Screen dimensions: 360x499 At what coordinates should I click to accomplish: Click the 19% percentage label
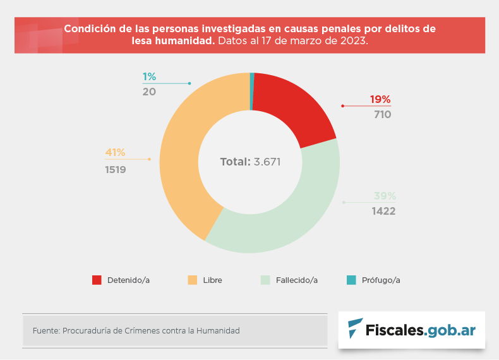pyautogui.click(x=380, y=99)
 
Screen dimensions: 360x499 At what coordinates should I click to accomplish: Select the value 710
pyautogui.click(x=382, y=114)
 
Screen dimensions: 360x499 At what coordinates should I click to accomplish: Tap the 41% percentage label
pyautogui.click(x=115, y=152)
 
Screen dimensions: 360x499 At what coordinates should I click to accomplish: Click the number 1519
pyautogui.click(x=116, y=169)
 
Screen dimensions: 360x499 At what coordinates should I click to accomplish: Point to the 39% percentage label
pyautogui.click(x=384, y=196)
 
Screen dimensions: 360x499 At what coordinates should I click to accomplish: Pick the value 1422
pyautogui.click(x=383, y=211)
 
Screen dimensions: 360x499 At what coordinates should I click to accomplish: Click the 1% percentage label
pyautogui.click(x=149, y=76)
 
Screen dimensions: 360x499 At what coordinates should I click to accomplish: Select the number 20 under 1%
pyautogui.click(x=149, y=92)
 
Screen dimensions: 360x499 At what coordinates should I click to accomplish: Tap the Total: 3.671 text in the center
pyautogui.click(x=250, y=162)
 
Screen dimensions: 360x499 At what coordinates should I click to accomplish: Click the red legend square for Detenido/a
pyautogui.click(x=97, y=280)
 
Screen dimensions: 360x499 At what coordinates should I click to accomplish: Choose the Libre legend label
pyautogui.click(x=212, y=280)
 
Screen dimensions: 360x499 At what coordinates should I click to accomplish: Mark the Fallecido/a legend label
pyautogui.click(x=296, y=280)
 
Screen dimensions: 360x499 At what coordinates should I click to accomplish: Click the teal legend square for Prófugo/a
pyautogui.click(x=351, y=280)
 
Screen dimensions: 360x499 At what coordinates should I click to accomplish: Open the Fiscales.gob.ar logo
pyautogui.click(x=412, y=329)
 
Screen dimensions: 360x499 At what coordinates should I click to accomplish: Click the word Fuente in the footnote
pyautogui.click(x=45, y=330)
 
